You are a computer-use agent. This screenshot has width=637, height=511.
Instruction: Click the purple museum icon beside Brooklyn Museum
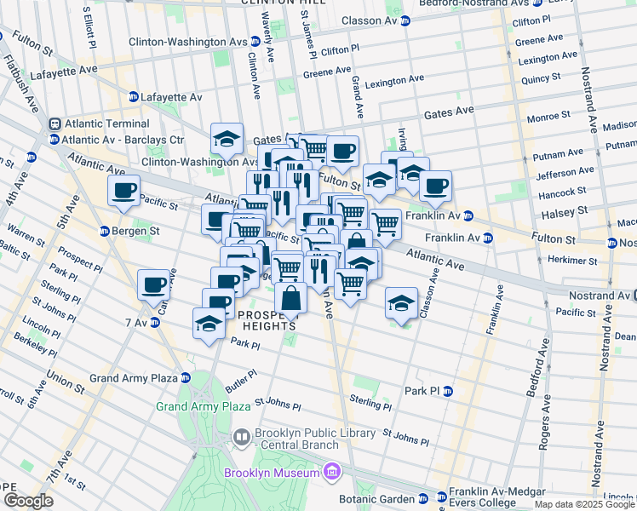tap(332, 472)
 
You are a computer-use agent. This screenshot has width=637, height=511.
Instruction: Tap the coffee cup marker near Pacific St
tap(123, 191)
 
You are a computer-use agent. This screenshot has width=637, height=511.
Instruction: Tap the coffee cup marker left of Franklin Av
tap(435, 187)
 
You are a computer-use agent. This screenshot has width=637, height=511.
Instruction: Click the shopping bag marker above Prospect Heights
tap(290, 298)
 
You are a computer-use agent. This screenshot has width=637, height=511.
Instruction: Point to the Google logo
tap(28, 501)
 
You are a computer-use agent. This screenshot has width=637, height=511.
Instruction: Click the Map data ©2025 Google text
tap(584, 504)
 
